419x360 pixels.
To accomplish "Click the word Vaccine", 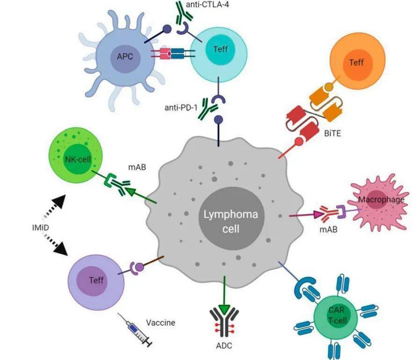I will (x=160, y=322).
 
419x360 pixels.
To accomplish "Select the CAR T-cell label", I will (x=333, y=314).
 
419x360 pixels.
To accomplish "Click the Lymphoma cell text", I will (x=233, y=222).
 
